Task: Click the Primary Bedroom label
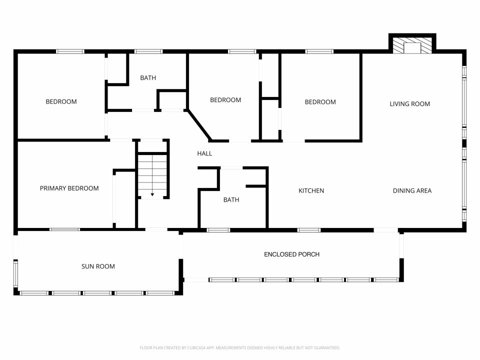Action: click(69, 188)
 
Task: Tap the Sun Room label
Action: click(98, 266)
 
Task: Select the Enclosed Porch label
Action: click(291, 254)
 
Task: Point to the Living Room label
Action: click(409, 104)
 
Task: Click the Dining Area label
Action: click(412, 190)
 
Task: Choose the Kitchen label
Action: click(311, 190)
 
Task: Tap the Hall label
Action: click(204, 153)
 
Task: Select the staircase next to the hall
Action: click(152, 175)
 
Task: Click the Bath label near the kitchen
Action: click(231, 200)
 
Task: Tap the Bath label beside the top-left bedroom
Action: click(148, 78)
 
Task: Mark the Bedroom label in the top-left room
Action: click(61, 101)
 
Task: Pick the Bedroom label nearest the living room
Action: click(320, 102)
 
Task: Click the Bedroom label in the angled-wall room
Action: click(225, 100)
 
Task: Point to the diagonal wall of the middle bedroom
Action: click(199, 125)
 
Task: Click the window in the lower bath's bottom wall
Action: click(218, 230)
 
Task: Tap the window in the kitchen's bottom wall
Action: click(309, 230)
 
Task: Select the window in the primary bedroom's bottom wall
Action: click(64, 229)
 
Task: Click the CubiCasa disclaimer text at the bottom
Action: click(239, 348)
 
